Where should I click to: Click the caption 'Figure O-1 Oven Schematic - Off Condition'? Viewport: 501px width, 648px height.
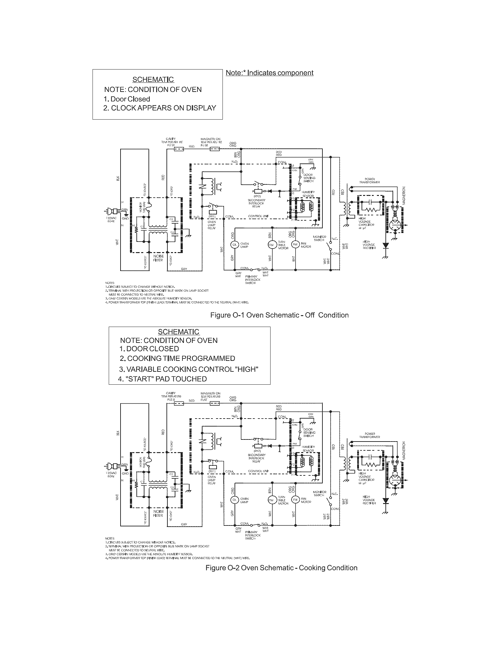279,315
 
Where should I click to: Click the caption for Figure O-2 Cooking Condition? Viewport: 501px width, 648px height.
281,568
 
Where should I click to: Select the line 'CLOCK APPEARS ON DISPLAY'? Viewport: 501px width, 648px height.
163,108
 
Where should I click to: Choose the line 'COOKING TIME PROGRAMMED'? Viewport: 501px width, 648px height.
181,358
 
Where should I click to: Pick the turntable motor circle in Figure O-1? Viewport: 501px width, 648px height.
271,244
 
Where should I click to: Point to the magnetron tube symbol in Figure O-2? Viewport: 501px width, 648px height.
395,480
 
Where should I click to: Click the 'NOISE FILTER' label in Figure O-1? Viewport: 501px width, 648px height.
158,258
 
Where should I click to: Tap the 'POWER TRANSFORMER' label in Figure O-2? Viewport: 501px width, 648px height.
370,435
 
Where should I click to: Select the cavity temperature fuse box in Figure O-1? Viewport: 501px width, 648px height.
179,149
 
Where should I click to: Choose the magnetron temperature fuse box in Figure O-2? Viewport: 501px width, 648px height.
215,403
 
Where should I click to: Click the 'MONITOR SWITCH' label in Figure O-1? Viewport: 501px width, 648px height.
319,238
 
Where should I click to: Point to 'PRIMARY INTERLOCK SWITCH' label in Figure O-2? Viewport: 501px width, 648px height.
253,535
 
